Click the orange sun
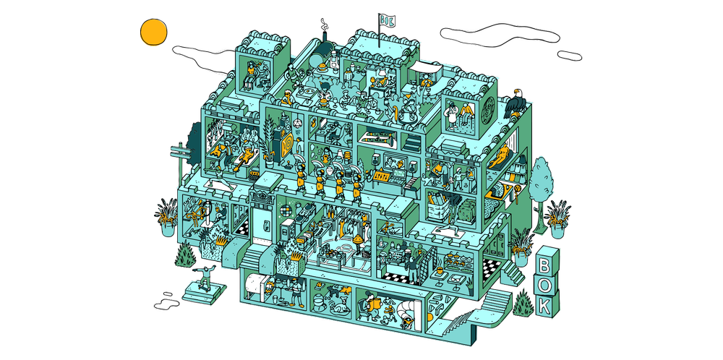point(153,33)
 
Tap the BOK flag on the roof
point(386,20)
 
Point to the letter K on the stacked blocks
point(545,304)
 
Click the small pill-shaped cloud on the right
point(570,56)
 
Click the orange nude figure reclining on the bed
point(500,157)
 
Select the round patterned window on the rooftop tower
point(488,110)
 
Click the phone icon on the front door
point(265,227)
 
